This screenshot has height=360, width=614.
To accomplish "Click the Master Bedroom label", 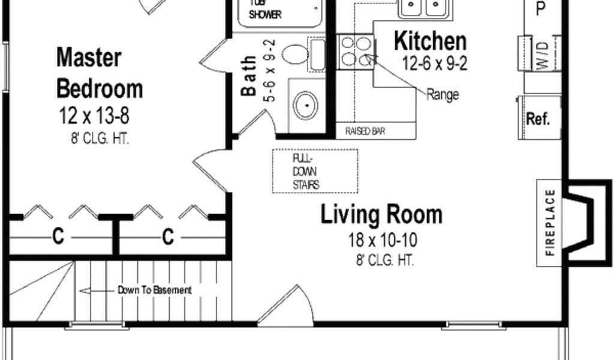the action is coord(100,73).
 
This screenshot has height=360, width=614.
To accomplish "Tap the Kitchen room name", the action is coord(430,41).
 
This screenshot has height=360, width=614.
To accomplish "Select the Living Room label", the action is coord(381,214).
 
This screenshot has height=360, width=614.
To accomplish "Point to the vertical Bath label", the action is coord(248,76).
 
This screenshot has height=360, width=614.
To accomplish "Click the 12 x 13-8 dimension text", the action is coord(94,116).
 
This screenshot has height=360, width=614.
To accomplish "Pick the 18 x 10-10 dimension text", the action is coord(383,240).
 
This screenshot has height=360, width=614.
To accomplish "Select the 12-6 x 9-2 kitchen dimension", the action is coord(435,64).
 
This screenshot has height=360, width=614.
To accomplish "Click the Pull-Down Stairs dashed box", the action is coord(315,171).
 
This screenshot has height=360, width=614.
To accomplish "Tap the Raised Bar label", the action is coord(365,131).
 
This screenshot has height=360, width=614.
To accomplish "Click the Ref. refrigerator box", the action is coord(539,117).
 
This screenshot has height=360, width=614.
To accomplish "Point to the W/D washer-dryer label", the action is coord(543,55).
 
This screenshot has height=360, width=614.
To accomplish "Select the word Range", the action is coord(443,94).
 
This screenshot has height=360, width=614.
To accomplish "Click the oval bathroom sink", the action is coord(306,106).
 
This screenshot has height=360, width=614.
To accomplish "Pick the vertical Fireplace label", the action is coord(550,223).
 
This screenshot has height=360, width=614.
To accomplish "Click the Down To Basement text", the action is coord(155,290).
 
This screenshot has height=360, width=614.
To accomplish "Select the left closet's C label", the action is coord(58,236).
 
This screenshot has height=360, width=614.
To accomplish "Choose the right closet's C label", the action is coord(168,236).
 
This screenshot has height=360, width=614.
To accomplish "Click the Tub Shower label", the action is coord(266,10).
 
